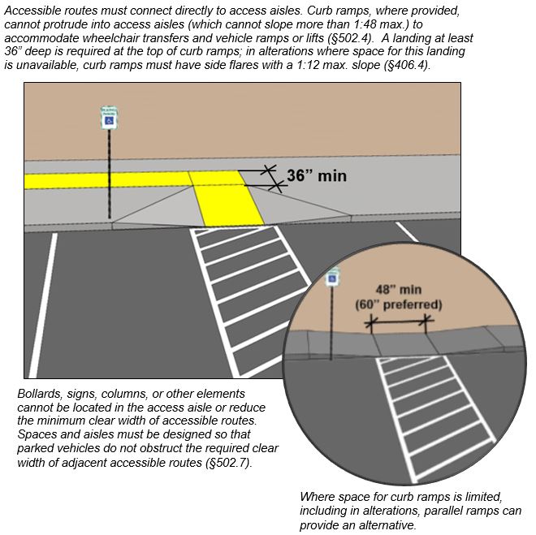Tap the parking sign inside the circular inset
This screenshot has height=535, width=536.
point(332,279)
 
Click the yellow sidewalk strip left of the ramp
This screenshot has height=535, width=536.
point(106,179)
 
